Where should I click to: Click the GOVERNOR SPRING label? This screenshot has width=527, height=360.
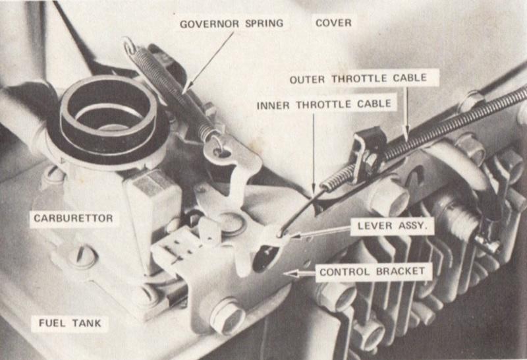232,24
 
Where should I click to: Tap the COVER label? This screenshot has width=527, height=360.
334,23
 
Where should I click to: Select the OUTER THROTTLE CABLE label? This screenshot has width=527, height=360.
358,78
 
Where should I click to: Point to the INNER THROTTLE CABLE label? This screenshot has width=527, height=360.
324,105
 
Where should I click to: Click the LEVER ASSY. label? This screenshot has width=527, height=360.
392,225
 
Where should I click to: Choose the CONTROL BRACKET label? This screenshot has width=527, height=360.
372,272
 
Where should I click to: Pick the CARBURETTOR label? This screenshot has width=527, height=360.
73,218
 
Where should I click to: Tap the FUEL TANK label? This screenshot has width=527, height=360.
70,323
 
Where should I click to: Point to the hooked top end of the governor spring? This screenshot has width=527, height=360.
128,45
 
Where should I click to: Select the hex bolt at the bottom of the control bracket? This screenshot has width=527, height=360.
227,316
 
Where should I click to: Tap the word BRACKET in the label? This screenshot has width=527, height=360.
401,272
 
